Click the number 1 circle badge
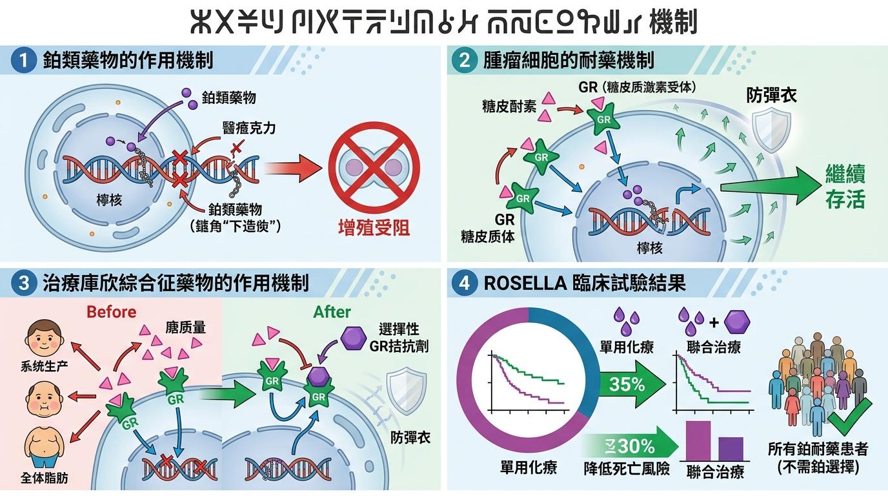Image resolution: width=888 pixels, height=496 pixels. pos(24,61)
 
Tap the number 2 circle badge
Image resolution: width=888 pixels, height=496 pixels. pos(465,61)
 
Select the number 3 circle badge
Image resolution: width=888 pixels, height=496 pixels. pos(24,283)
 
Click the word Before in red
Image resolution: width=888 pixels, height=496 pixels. pos(111,312)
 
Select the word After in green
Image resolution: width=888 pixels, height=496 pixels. pos(332,312)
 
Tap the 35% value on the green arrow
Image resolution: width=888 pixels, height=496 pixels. pos(627,384)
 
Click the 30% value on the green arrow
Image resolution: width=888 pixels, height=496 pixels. pos(636,446)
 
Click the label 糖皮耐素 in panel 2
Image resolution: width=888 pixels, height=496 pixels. pos(509,107)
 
